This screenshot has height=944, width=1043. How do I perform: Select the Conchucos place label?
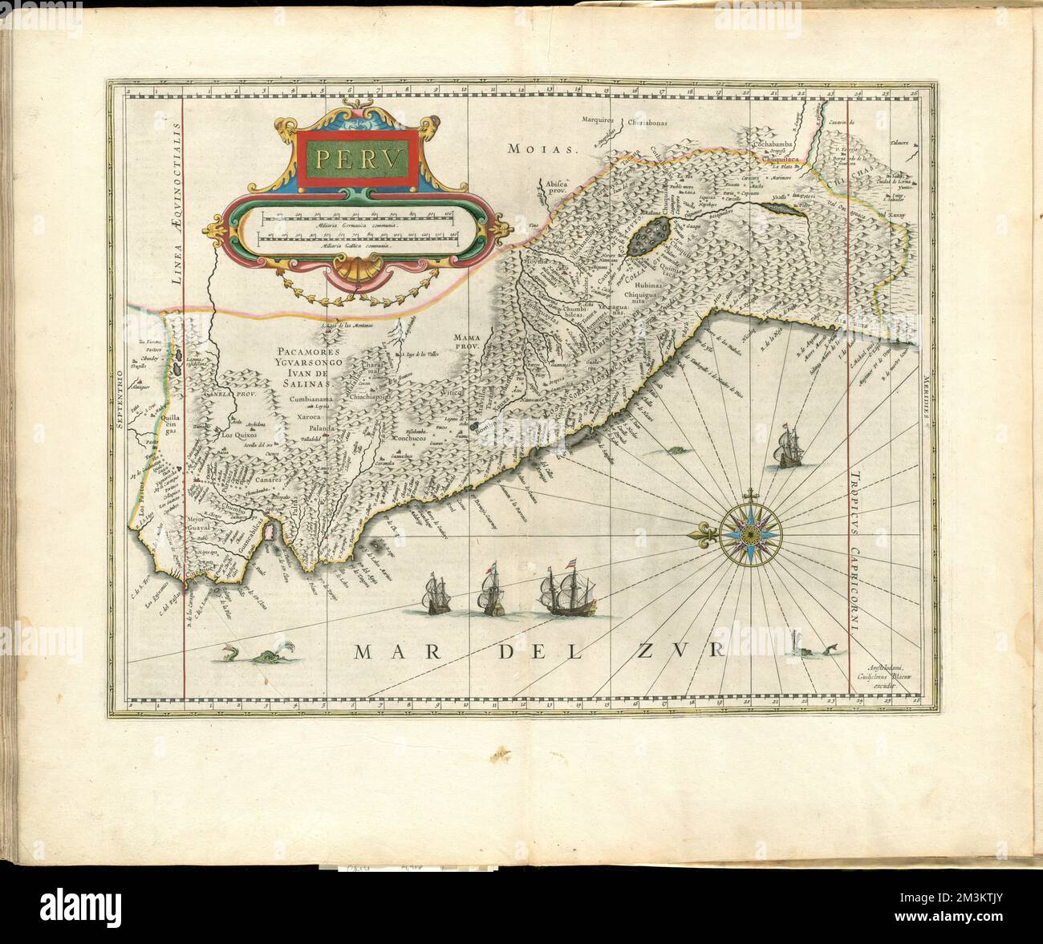coord(411,439)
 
